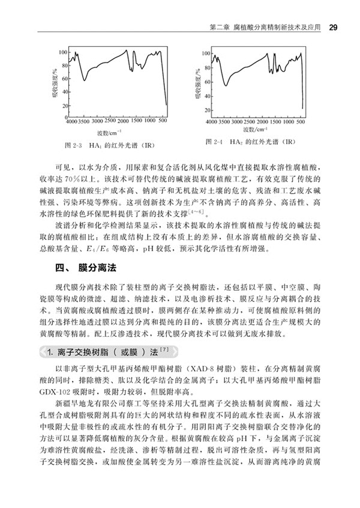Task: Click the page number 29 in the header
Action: (333, 28)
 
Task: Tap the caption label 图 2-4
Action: (215, 142)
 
